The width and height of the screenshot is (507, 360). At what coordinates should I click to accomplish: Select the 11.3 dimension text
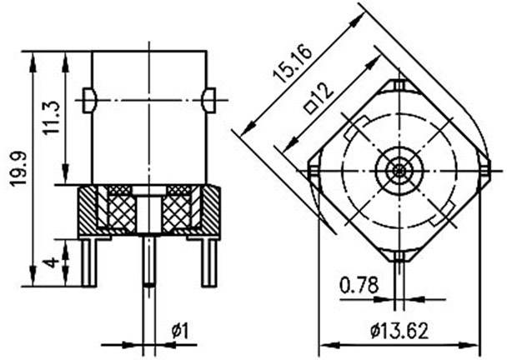point(53,119)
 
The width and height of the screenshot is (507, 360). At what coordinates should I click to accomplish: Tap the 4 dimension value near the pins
point(53,262)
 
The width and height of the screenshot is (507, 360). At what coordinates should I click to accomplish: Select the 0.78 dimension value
point(359,287)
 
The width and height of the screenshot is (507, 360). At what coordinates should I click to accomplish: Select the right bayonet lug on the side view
point(208,99)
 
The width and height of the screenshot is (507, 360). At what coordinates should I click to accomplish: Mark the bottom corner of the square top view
point(400,259)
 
